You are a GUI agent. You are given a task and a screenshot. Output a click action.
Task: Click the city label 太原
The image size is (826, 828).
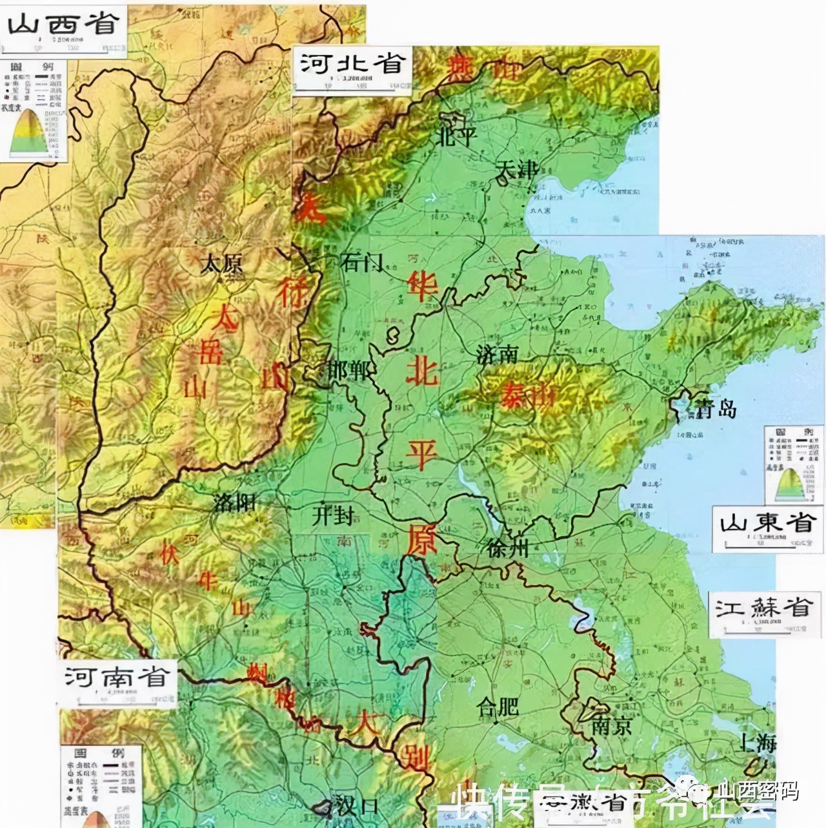[221, 264]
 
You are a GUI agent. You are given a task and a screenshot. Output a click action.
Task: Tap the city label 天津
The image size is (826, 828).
[516, 171]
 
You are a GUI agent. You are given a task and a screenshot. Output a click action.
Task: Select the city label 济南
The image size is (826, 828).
[497, 354]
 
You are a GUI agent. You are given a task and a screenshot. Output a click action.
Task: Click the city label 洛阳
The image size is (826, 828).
[235, 502]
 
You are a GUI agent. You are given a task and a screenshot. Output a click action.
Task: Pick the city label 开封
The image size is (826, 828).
[333, 515]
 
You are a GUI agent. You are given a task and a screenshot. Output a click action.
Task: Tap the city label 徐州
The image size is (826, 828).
[509, 549]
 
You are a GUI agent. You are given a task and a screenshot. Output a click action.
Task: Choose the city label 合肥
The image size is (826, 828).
[498, 707]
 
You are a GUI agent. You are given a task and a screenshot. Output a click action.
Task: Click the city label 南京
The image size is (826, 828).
[611, 727]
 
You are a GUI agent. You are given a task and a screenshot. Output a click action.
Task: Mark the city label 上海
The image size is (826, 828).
[758, 743]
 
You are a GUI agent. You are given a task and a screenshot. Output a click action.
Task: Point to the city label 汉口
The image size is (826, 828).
[357, 805]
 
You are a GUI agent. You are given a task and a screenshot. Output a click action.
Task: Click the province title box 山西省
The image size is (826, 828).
[63, 26]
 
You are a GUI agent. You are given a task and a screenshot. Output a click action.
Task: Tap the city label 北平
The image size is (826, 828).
[458, 136]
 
